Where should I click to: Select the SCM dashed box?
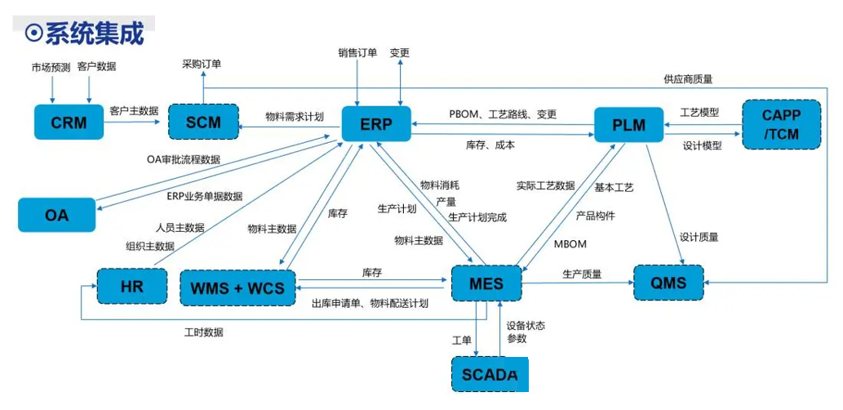(x=204, y=123)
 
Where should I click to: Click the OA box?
(x=56, y=216)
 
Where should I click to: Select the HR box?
(x=131, y=287)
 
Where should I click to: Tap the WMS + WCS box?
(x=237, y=287)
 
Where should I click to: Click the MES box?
(x=486, y=284)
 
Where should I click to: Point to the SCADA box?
(x=490, y=374)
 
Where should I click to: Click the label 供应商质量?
(x=688, y=79)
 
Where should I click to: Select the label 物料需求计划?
(x=295, y=117)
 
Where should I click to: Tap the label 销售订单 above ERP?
(x=357, y=53)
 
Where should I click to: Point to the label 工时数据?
(x=204, y=332)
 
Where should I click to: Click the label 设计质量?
(x=699, y=237)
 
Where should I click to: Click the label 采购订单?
(x=202, y=64)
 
